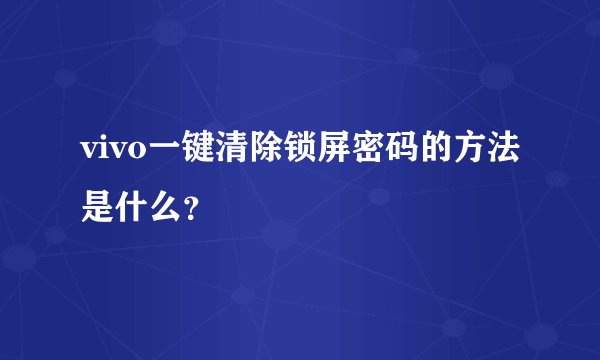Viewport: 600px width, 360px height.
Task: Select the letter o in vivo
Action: [x=134, y=151]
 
